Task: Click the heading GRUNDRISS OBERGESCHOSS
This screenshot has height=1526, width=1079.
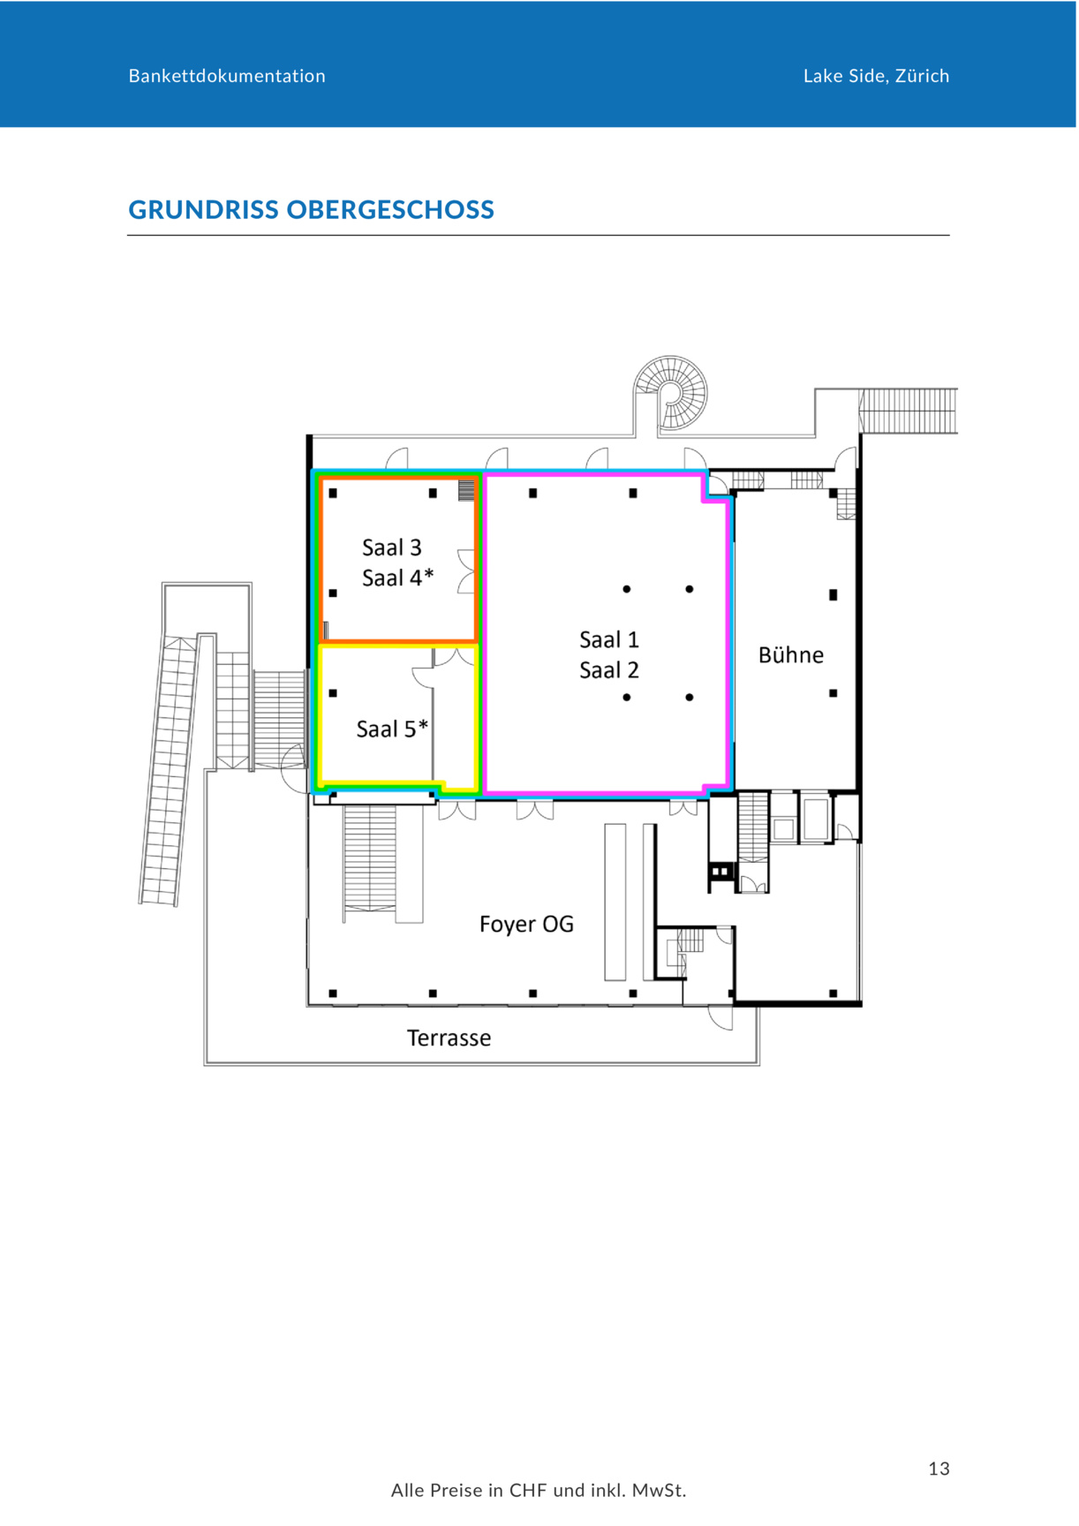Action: [x=311, y=210]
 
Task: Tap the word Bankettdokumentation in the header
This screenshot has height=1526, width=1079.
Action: [x=227, y=76]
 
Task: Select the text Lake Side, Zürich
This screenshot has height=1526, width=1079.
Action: [x=876, y=76]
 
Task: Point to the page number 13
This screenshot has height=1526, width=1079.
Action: [x=939, y=1469]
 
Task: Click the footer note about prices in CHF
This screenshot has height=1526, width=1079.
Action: [x=539, y=1491]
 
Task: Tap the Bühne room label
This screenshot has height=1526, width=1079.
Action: [x=791, y=654]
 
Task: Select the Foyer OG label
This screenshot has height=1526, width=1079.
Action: [x=526, y=924]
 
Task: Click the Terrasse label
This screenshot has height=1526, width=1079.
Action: [x=449, y=1038]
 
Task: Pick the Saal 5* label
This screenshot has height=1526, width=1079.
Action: [x=392, y=729]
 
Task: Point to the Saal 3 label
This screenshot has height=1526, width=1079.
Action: [x=392, y=548]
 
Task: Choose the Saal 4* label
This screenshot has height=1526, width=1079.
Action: [x=397, y=578]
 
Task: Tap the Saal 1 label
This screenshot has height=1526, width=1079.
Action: [x=609, y=639]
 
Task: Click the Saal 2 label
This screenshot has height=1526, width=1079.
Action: [x=609, y=670]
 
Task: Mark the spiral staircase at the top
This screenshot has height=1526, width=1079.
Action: [x=671, y=392]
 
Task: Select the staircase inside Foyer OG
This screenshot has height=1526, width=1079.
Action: [x=370, y=857]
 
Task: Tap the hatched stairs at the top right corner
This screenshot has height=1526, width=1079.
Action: [x=909, y=411]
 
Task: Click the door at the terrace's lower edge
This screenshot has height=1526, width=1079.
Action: [x=721, y=1017]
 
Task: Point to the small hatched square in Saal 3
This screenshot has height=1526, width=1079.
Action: [x=466, y=490]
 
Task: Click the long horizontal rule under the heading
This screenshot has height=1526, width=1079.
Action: [x=539, y=236]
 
